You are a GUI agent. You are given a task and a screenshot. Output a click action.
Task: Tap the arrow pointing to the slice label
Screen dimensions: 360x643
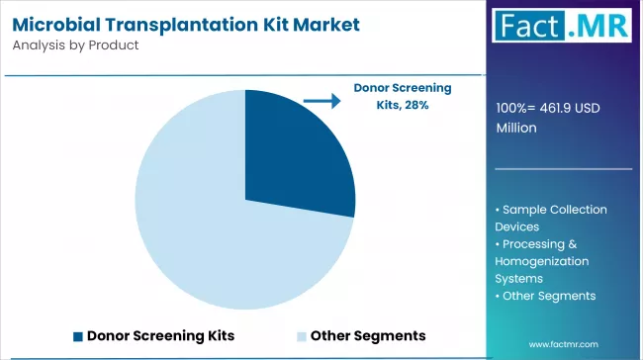[320, 101]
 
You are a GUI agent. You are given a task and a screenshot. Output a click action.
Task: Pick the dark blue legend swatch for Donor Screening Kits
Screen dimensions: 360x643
[77, 335]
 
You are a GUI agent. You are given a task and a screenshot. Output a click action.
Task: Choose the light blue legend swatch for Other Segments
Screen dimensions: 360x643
[301, 335]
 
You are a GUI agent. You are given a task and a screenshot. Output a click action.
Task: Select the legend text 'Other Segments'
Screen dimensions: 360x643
[368, 335]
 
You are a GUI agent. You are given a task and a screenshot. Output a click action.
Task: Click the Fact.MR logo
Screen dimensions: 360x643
[564, 31]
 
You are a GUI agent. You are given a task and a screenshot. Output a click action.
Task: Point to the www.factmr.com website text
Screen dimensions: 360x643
[565, 343]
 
